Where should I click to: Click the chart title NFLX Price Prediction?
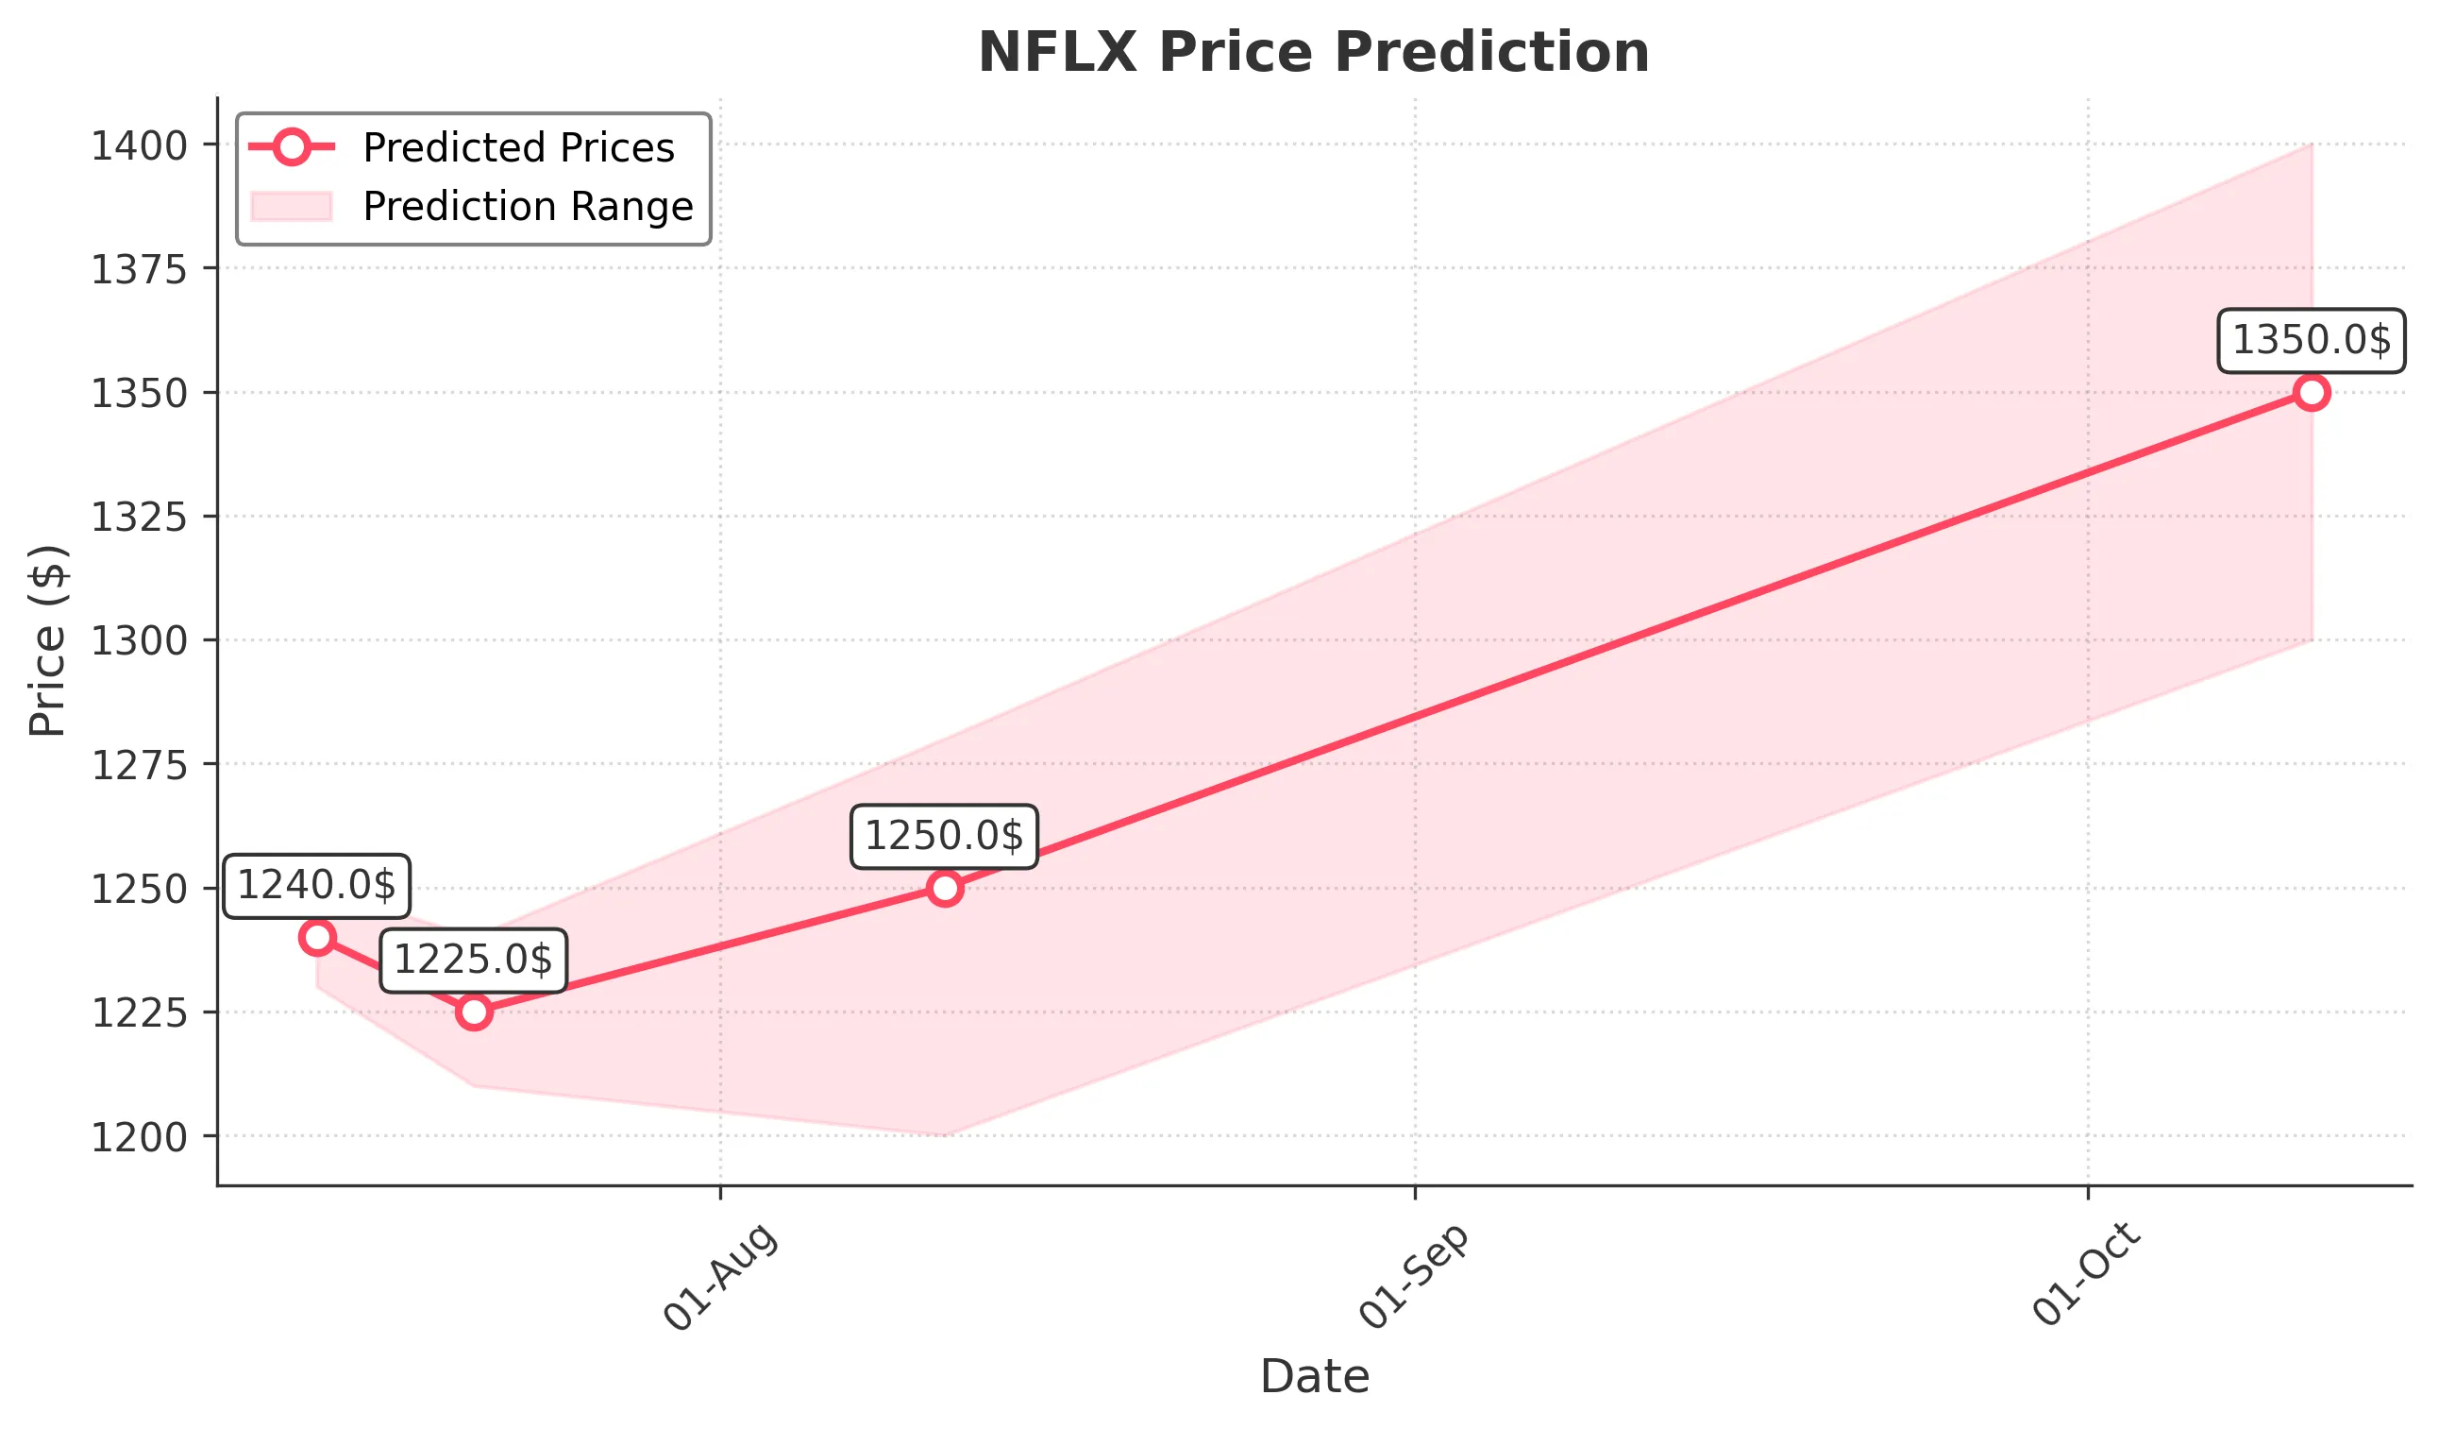pos(1313,52)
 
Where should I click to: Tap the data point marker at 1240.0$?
pos(317,937)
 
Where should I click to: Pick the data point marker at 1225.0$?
pos(473,1012)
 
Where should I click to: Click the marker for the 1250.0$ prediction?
pos(945,888)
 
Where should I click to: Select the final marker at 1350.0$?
pos(2312,392)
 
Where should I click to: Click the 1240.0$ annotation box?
pos(316,886)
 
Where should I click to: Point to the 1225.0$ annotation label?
pos(473,961)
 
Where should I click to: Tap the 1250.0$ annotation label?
pos(944,837)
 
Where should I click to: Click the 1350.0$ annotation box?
pos(2312,341)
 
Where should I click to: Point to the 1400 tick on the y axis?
pos(139,146)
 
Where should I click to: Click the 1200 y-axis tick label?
pos(139,1137)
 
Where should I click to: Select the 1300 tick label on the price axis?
pos(139,641)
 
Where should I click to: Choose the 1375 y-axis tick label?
pos(139,270)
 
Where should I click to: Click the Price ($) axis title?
pos(47,641)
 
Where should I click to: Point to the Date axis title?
pos(1314,1377)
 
